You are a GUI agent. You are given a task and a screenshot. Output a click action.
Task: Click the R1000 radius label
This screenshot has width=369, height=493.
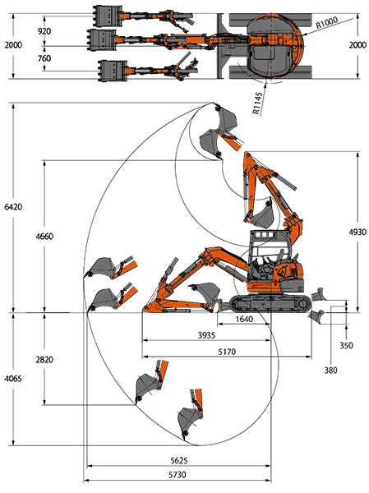pos(327,23)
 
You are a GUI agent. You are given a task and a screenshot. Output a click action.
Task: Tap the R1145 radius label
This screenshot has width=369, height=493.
pos(257,104)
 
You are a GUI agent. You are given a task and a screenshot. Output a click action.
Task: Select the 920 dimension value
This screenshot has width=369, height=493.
pos(44,31)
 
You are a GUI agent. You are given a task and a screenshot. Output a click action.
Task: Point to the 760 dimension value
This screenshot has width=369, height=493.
pos(44,58)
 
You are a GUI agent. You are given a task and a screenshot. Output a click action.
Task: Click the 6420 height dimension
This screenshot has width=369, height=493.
pos(13,206)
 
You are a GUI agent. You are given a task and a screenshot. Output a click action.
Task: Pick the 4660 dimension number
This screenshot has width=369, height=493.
pos(44,236)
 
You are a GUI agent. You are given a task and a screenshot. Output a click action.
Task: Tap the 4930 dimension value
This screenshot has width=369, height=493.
pos(357,232)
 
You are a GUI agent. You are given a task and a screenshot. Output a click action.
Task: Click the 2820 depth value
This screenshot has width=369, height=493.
pos(44,359)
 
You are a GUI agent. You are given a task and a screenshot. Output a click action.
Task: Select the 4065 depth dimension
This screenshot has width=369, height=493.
pos(13,379)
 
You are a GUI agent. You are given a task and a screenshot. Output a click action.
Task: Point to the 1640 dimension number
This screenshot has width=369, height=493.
pos(244,319)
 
